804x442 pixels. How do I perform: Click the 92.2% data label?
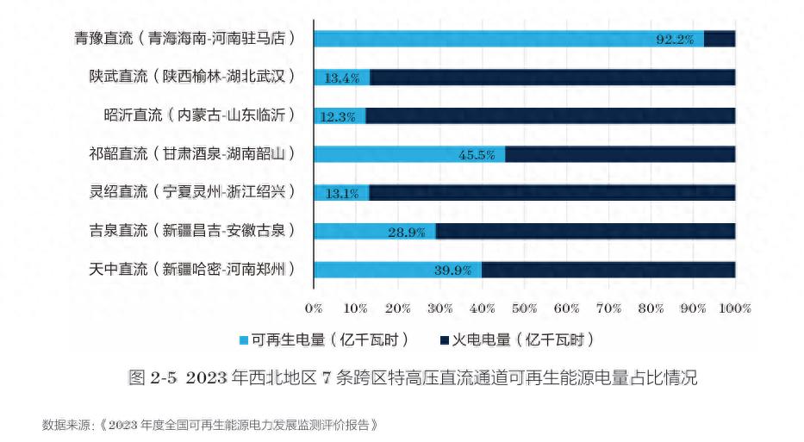[675, 39]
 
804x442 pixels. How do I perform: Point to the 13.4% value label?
[342, 78]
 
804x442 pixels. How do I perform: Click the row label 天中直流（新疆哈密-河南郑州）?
[192, 270]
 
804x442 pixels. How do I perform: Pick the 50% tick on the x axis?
[525, 308]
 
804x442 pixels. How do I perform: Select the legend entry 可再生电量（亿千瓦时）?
[324, 339]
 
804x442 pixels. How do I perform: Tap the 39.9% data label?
[452, 271]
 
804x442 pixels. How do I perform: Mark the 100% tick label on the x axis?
[734, 308]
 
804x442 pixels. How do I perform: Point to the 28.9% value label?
[406, 232]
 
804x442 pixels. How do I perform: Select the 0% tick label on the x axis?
[314, 308]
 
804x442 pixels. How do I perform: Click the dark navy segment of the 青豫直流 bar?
[720, 39]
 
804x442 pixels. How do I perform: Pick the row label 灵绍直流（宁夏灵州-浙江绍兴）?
[192, 192]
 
